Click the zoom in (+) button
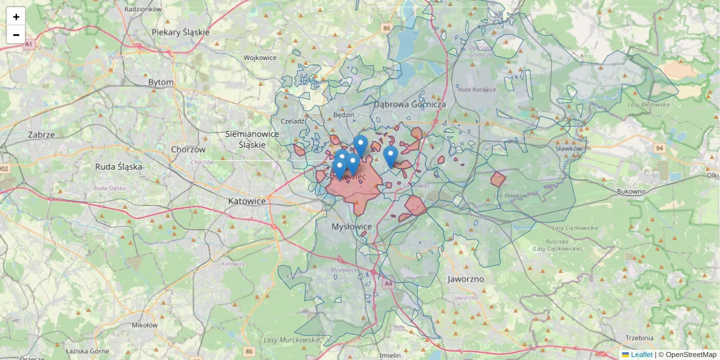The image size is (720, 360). [16, 17]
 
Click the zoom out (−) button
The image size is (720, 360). [16, 35]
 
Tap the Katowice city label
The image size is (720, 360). [247, 201]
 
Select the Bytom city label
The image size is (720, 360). [161, 82]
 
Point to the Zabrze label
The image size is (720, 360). [41, 135]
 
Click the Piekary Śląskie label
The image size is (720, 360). [181, 32]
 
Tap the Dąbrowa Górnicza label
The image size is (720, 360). [410, 104]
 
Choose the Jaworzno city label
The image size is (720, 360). [466, 279]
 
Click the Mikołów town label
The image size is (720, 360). [144, 325]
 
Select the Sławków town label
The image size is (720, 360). [569, 148]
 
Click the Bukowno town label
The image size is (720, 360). [631, 192]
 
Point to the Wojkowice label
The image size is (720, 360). [260, 58]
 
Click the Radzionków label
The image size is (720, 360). [143, 9]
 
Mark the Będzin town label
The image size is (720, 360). [343, 115]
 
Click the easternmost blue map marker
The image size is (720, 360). [391, 156]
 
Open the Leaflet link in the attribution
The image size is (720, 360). [641, 355]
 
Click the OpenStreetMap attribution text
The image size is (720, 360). [691, 355]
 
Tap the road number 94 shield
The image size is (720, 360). [660, 148]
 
